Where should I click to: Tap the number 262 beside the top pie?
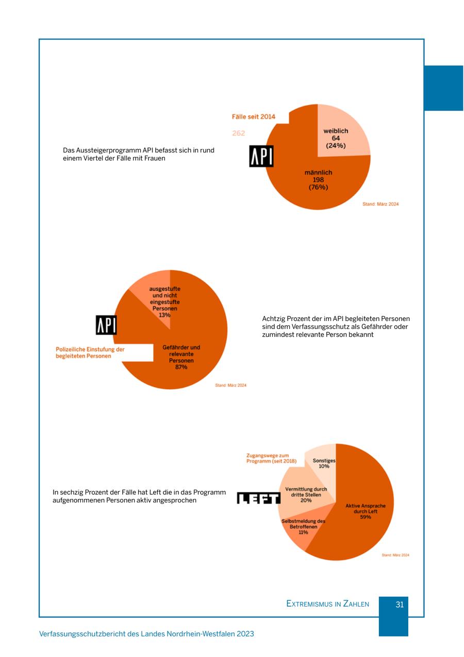point(238,133)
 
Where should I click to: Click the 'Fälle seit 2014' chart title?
point(253,117)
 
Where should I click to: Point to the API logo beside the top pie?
point(261,156)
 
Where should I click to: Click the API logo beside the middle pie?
point(106,325)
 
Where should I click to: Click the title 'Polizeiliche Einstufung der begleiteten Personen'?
point(90,353)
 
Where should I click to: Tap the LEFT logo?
point(258,498)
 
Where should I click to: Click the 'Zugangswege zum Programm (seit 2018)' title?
point(271,458)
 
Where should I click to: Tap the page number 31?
point(400,604)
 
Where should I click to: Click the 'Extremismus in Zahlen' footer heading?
point(327,604)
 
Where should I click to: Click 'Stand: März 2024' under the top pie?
point(380,204)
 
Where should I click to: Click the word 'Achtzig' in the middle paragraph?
point(273,319)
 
